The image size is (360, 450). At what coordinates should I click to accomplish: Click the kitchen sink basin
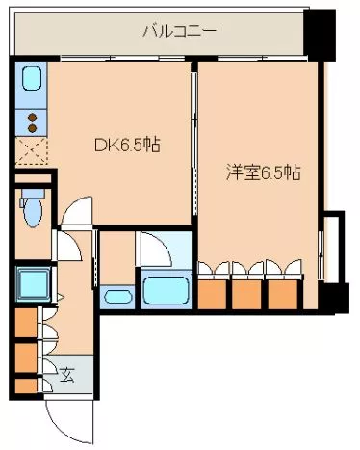tap(31, 78)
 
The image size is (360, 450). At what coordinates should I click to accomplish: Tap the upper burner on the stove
tap(31, 116)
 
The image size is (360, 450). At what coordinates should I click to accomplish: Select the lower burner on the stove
tap(31, 127)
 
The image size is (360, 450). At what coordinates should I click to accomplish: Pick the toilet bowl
tap(33, 211)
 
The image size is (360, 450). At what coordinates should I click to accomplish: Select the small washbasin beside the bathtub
tap(117, 298)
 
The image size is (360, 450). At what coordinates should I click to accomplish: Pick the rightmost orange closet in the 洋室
tap(279, 292)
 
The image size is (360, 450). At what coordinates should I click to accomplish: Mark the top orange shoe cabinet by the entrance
tap(24, 322)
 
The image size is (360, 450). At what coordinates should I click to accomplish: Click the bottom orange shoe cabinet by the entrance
tap(24, 385)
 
